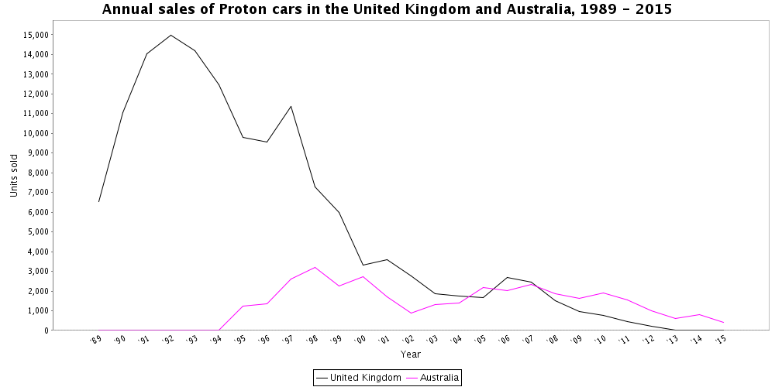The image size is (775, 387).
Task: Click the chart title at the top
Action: [x=387, y=10]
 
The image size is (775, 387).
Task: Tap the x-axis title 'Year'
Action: [x=411, y=354]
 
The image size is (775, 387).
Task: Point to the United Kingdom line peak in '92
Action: [x=170, y=35]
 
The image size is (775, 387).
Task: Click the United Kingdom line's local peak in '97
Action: [x=291, y=106]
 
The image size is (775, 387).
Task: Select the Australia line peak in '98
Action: [x=315, y=267]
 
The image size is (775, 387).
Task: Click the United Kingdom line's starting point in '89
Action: [x=98, y=201]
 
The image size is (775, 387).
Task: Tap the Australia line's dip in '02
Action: [x=411, y=313]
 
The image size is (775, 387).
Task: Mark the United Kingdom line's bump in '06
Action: [x=507, y=277]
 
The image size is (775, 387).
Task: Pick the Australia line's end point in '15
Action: [x=723, y=322]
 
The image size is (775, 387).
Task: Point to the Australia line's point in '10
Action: [x=603, y=293]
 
